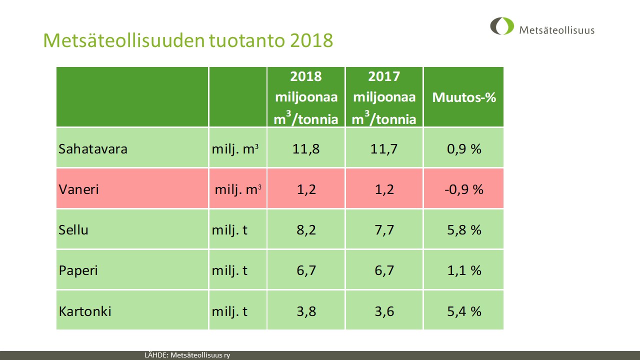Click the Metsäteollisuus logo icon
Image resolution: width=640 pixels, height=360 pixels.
point(502,26)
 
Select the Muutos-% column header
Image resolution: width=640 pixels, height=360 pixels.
point(464,97)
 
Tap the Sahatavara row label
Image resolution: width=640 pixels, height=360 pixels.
point(93,149)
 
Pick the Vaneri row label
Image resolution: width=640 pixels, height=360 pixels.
point(79,189)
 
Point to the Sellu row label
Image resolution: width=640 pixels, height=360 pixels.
point(74,230)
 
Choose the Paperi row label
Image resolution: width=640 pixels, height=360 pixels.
point(78,270)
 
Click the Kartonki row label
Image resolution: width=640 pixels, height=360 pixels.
point(85,311)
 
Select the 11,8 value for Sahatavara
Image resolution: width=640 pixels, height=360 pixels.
point(305,149)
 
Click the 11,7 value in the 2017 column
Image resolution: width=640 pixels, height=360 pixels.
point(383,149)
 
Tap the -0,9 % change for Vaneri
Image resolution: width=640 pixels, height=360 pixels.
point(464,189)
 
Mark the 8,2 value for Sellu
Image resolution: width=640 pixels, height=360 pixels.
point(305,230)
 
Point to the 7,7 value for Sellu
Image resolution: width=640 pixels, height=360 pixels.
point(383,230)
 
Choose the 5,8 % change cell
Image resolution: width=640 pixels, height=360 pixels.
point(464,230)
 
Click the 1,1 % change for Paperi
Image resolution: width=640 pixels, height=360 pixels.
point(464,270)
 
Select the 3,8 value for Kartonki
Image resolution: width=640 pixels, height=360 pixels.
point(305,311)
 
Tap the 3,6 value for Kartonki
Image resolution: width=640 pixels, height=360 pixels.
point(383,311)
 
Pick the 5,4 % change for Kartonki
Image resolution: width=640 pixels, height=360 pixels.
point(464,311)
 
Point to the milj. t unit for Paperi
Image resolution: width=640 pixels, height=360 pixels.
point(230,270)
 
